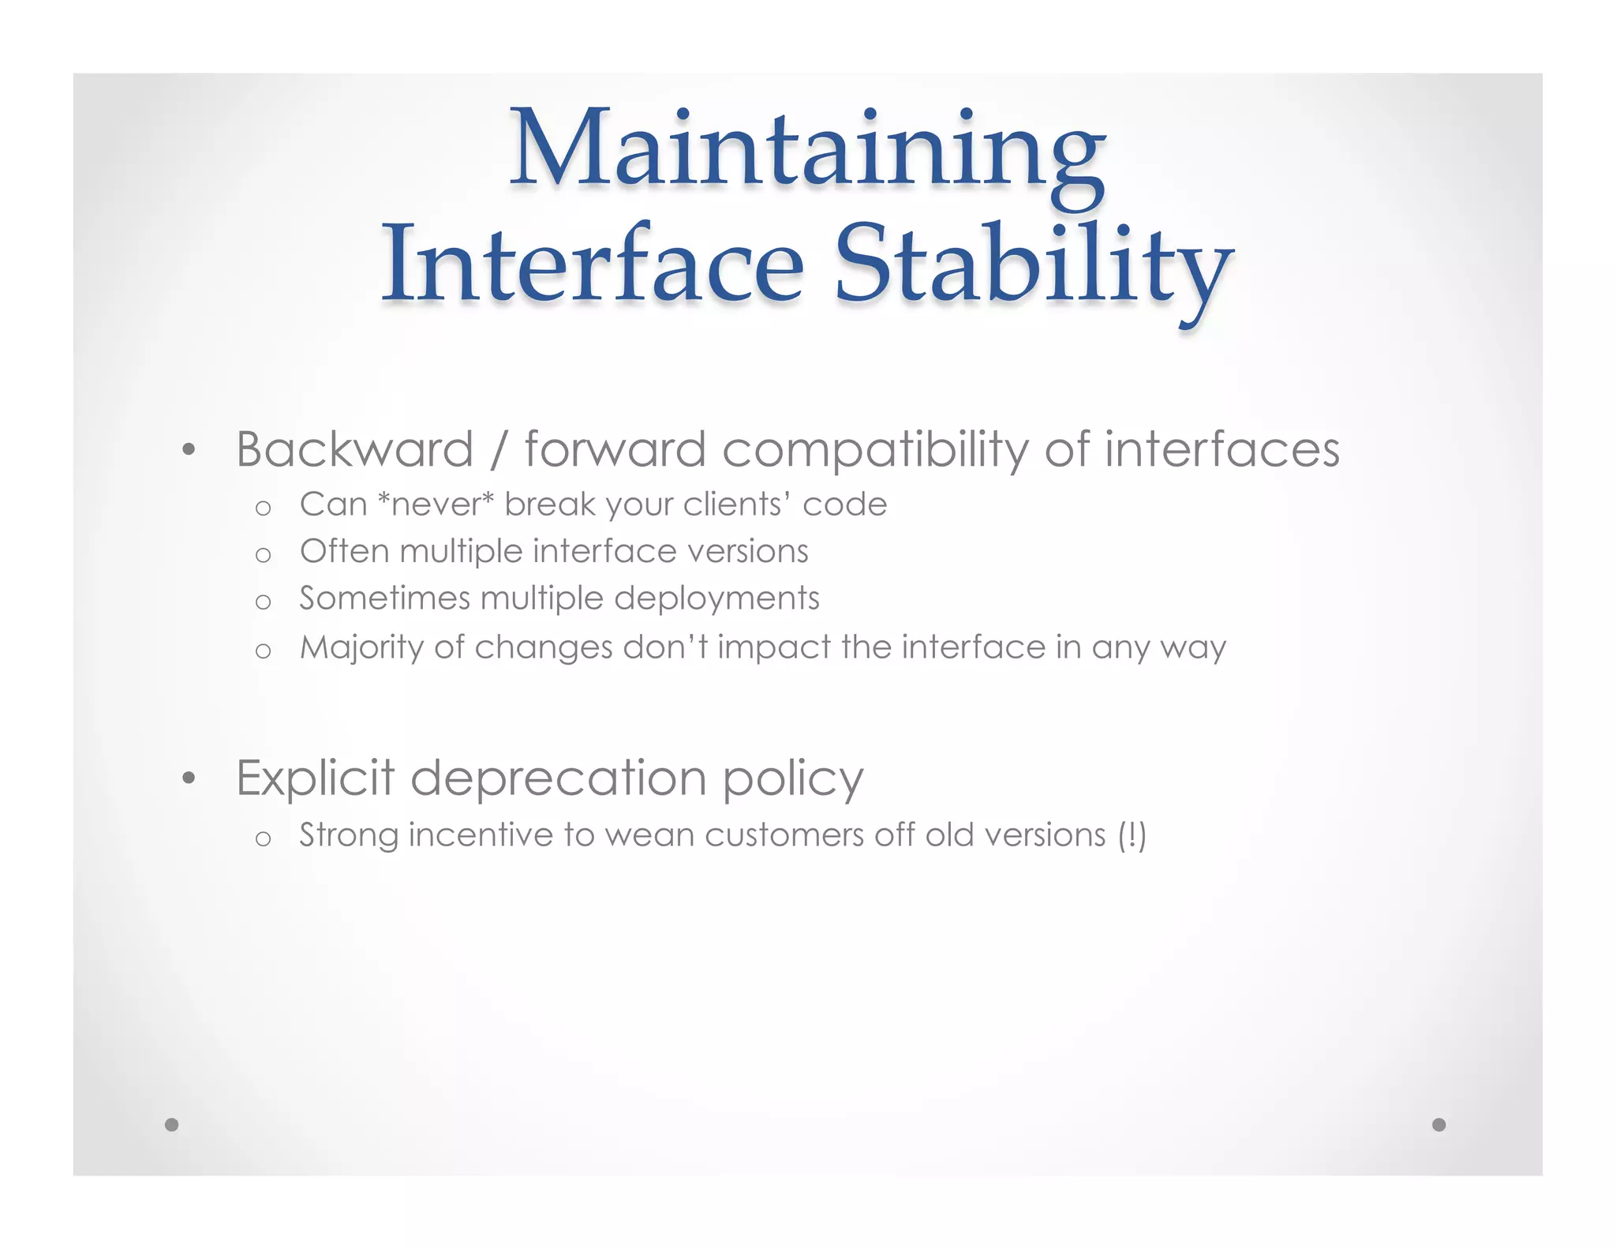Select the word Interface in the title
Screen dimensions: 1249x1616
[x=592, y=264]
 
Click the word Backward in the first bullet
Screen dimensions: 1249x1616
[x=354, y=449]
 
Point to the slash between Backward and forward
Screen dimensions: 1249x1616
[x=498, y=451]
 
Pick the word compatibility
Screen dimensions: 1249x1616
[x=875, y=451]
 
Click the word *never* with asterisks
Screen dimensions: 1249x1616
[x=436, y=504]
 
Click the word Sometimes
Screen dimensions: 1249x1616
[x=384, y=598]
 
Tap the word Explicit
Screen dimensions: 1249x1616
[x=315, y=778]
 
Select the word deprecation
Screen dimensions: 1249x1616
[x=558, y=779]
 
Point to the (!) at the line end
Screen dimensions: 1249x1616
[x=1132, y=835]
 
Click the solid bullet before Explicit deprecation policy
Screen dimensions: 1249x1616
[x=188, y=778]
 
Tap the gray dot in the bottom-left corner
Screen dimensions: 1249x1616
[x=171, y=1124]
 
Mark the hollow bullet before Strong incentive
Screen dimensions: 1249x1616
[x=264, y=838]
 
